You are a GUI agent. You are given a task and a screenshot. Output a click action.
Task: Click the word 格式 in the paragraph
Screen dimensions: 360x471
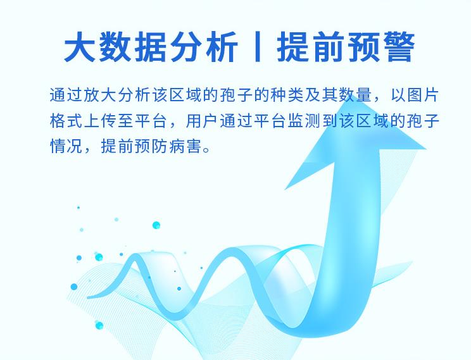[65, 121]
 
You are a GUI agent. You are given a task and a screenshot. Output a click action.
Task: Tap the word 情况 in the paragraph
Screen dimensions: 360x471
[65, 146]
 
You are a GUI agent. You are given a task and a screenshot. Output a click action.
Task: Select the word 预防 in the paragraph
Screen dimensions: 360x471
[149, 146]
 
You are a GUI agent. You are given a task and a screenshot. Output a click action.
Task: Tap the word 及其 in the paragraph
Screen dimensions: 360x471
[327, 96]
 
